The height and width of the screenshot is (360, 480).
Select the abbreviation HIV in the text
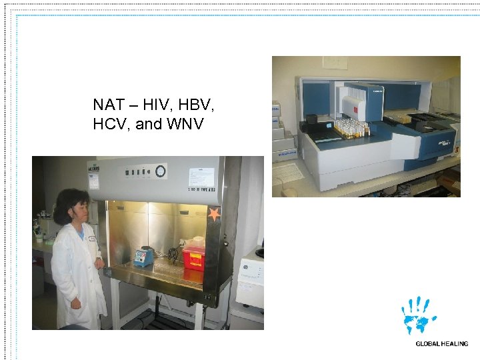156,105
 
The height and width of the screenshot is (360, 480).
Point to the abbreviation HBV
197,105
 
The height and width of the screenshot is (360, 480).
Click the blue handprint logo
419,315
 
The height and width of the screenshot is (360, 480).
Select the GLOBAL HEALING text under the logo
441,344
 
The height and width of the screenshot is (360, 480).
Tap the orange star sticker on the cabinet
214,215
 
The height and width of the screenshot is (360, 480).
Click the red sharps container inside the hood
195,253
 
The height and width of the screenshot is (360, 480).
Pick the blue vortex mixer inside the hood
144,257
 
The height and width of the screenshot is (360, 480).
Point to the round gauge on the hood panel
160,171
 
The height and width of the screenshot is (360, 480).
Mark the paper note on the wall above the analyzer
332,63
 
